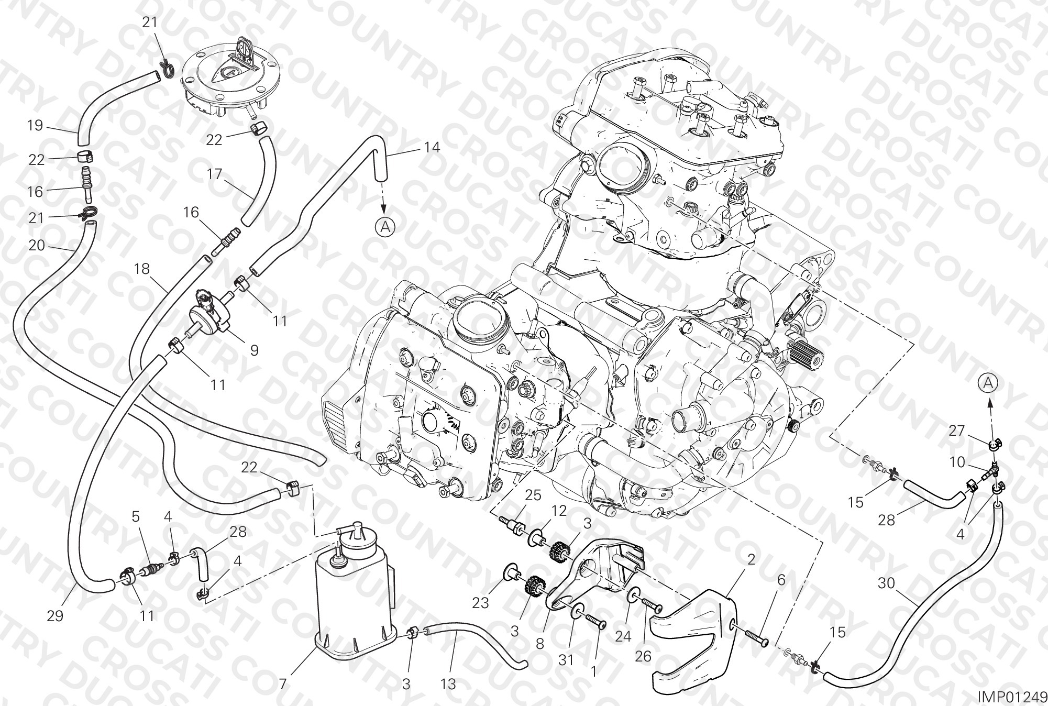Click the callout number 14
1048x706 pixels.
pos(432,148)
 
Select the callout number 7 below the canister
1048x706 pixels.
pos(283,684)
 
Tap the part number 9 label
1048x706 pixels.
pos(254,350)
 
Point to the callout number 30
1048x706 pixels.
pos(886,583)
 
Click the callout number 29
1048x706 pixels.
pos(55,616)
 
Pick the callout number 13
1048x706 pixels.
pos(449,684)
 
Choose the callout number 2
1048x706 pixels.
pos(751,559)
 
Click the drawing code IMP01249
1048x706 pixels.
pos(1012,697)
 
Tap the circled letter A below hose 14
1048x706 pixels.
pos(385,226)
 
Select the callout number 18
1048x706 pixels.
pos(142,269)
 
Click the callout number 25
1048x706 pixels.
pos(533,495)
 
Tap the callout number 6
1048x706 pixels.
pos(781,580)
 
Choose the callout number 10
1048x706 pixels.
pos(957,462)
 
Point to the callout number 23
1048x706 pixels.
pos(480,603)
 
